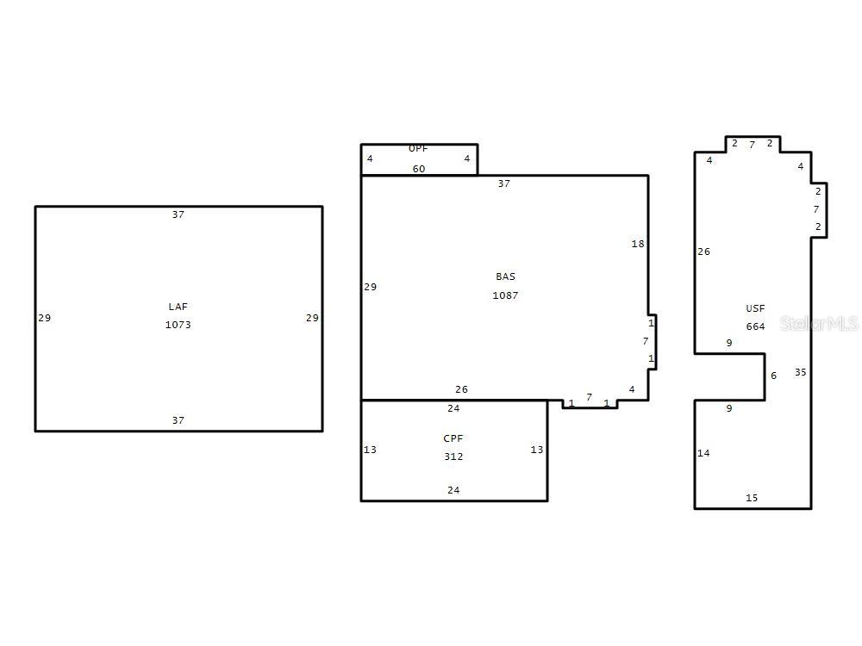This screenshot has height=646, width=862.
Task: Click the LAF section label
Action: coord(178,307)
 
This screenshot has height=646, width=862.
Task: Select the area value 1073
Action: coord(178,325)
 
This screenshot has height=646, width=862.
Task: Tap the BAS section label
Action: coord(506,276)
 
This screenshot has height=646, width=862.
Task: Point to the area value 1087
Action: coord(505,295)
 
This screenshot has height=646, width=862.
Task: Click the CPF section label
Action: coord(453,438)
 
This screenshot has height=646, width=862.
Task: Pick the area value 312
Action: coord(453,457)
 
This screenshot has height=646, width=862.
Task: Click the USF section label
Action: coord(755,308)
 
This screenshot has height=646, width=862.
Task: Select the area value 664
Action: coord(755,326)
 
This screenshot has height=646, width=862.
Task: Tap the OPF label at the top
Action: coord(418,148)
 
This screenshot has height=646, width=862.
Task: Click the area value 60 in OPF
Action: coord(419,169)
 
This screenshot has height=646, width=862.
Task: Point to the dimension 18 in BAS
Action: coord(638,244)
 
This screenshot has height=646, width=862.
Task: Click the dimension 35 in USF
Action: coord(801,372)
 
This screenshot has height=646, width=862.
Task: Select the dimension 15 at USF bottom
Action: coord(752,498)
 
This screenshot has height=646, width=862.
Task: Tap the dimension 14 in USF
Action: coord(703,453)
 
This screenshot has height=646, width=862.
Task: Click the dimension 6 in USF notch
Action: coord(773,376)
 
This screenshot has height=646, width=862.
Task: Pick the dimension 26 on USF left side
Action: coord(703,252)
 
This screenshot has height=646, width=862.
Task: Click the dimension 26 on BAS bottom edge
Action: coord(461,389)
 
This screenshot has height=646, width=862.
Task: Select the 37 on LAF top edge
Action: coord(178,214)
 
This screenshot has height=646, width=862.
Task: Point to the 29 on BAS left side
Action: coord(370,287)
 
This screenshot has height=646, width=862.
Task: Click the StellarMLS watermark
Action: coord(819,324)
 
